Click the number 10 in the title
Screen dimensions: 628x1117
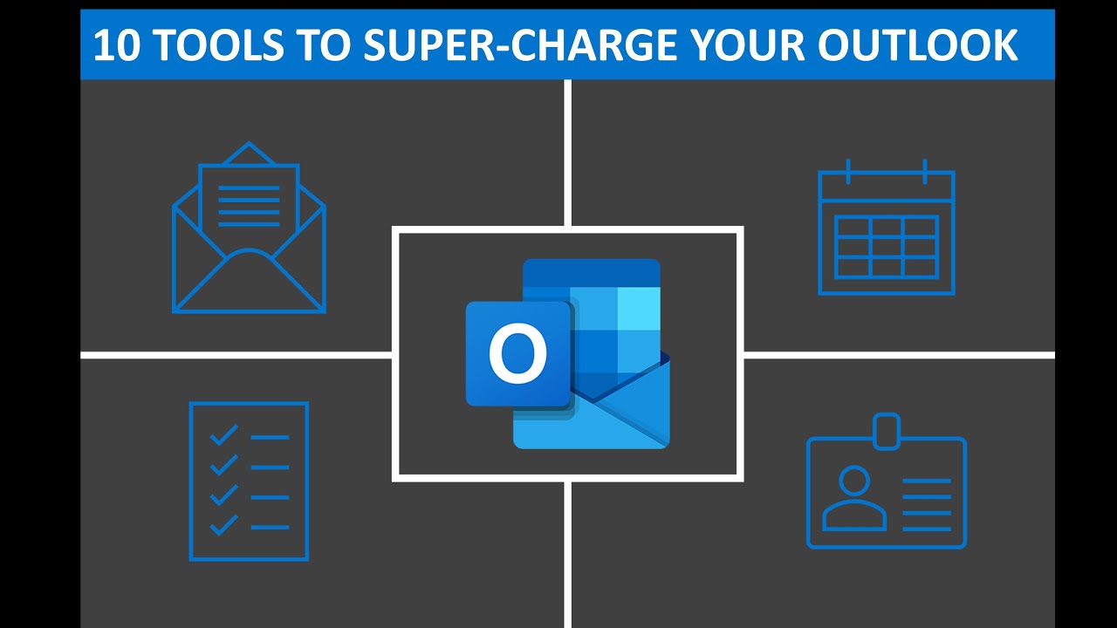click(113, 44)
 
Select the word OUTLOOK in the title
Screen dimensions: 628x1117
click(918, 44)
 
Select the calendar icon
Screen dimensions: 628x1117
click(887, 229)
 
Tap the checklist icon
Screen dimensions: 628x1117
click(249, 481)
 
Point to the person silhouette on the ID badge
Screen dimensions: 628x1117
click(853, 498)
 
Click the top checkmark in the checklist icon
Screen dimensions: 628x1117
click(225, 434)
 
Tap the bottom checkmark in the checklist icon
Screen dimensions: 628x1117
click(225, 524)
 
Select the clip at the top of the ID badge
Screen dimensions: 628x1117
click(887, 429)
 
